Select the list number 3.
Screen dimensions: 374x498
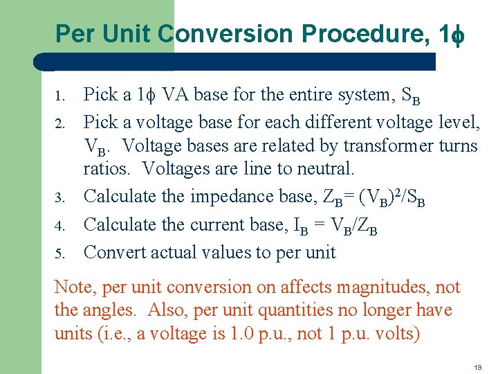tap(60, 197)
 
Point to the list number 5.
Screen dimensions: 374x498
tap(60, 253)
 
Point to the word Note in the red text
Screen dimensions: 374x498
tap(71, 287)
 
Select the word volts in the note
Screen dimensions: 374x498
tap(394, 334)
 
